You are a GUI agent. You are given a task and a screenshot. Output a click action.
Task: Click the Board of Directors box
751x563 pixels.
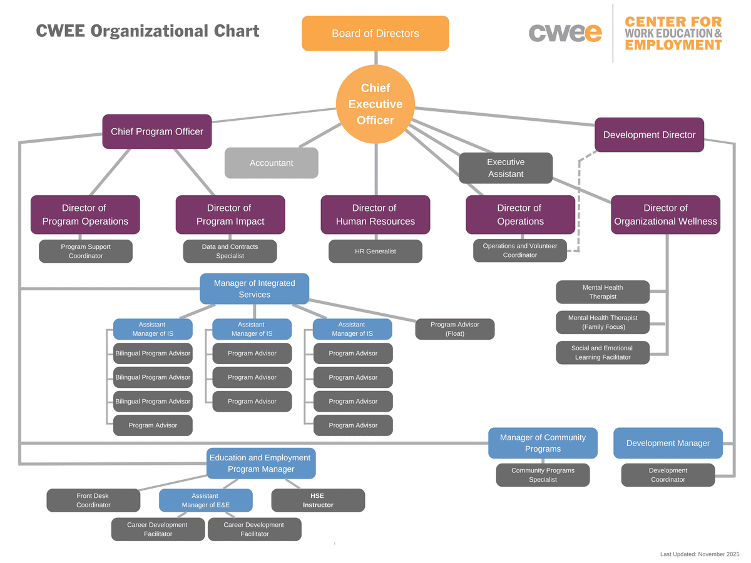pos(375,33)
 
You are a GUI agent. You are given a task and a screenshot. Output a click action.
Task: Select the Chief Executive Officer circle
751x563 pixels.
pos(375,104)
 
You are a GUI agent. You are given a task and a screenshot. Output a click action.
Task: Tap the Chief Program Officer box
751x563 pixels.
pos(157,131)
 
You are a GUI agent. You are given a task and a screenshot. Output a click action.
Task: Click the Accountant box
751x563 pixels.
pos(271,163)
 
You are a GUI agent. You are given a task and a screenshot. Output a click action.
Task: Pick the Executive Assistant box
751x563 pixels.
pos(506,168)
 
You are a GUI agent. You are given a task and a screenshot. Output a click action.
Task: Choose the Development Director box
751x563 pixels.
pos(649,134)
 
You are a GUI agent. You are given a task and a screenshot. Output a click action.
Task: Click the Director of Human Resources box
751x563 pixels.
pos(375,215)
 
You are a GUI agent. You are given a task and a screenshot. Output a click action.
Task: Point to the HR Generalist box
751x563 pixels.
pos(375,251)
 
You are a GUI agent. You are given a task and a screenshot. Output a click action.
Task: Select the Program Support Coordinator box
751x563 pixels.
pos(86,251)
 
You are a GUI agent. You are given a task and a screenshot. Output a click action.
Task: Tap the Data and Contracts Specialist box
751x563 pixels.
pos(230,251)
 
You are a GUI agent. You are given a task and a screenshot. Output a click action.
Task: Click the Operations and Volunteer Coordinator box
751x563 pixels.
pos(520,250)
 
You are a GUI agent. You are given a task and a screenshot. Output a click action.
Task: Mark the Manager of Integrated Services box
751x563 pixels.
pos(255,288)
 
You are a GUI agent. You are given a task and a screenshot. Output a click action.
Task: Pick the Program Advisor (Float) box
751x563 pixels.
pos(455,329)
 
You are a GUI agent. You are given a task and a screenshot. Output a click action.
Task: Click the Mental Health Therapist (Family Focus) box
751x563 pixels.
pos(603,322)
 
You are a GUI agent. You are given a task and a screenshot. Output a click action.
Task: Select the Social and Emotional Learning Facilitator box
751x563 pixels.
pos(603,352)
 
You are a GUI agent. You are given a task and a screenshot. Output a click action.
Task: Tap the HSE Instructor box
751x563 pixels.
pos(318,500)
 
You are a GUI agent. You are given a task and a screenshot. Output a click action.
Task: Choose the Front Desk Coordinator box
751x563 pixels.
pos(93,500)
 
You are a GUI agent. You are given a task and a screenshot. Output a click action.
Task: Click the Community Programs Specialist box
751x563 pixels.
pos(543,475)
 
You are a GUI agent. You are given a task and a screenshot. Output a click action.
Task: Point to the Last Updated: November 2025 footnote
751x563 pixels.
pos(700,554)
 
